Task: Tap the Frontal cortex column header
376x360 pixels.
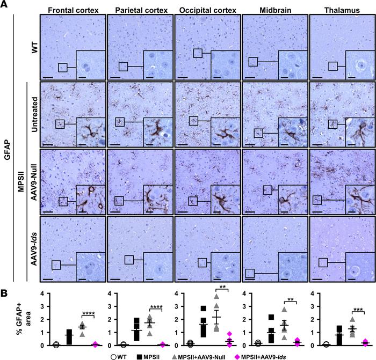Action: coord(73,9)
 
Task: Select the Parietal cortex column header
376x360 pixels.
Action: coord(141,9)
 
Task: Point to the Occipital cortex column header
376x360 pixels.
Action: coord(208,9)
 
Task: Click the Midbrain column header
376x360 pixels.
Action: coord(275,9)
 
